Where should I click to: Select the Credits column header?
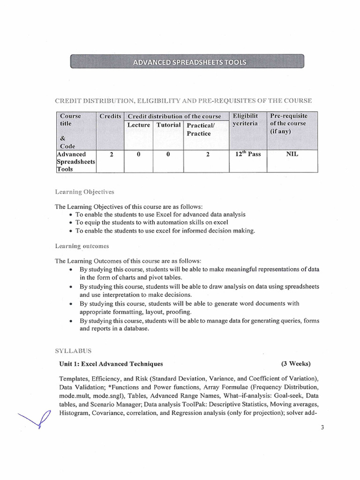110,116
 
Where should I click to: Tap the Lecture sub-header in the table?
138,125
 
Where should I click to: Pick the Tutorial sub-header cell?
168,125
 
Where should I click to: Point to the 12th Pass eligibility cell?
247,154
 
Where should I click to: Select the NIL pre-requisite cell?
292,154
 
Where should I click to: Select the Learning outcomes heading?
82,246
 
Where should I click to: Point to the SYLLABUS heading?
73,350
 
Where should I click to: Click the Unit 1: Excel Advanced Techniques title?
111,364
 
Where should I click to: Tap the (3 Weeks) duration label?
296,364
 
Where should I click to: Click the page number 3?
323,427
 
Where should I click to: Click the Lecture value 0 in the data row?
139,154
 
